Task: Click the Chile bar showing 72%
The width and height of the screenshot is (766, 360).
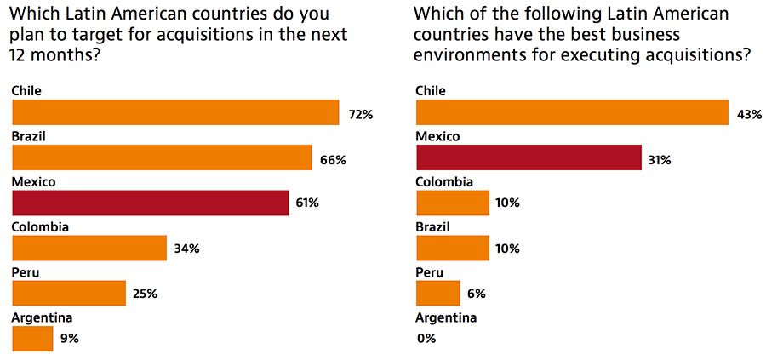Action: pyautogui.click(x=175, y=112)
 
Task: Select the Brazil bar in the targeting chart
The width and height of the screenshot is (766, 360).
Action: pyautogui.click(x=162, y=157)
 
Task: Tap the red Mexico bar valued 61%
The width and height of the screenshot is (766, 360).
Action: pyautogui.click(x=151, y=203)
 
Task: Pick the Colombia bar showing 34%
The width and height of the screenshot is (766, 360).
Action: pyautogui.click(x=89, y=248)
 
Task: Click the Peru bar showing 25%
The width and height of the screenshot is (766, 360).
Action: pyautogui.click(x=69, y=293)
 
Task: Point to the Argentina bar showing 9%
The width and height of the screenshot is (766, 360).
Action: pyautogui.click(x=32, y=338)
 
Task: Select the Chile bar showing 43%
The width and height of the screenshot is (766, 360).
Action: pyautogui.click(x=571, y=112)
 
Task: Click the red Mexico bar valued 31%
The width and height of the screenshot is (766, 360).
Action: pyautogui.click(x=528, y=157)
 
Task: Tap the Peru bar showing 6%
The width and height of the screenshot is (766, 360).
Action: pyautogui.click(x=437, y=293)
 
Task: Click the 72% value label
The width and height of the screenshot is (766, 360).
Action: pyautogui.click(x=360, y=113)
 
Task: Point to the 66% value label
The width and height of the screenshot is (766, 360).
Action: pyautogui.click(x=333, y=158)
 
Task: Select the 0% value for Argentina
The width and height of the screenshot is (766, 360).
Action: pyautogui.click(x=426, y=338)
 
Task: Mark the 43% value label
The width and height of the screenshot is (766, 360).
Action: pyautogui.click(x=748, y=113)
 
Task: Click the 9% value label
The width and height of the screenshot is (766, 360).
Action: pyautogui.click(x=70, y=338)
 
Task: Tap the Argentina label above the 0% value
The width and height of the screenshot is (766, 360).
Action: pyautogui.click(x=446, y=317)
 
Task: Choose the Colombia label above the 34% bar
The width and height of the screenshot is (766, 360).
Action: pyautogui.click(x=41, y=226)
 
